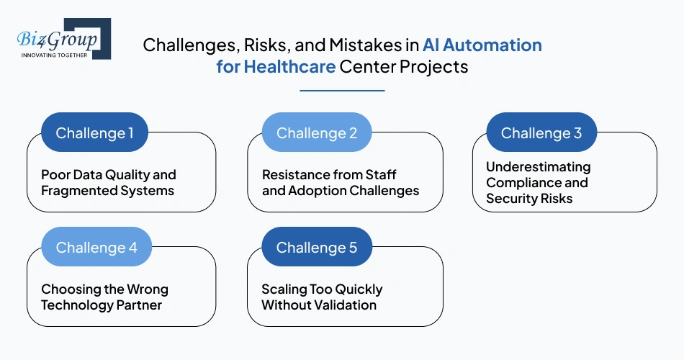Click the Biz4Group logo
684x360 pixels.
(x=61, y=38)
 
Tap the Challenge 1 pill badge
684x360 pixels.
(x=95, y=133)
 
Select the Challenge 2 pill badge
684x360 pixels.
(x=317, y=133)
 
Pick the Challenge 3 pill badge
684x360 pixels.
(x=541, y=133)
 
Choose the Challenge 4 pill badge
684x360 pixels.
(x=96, y=248)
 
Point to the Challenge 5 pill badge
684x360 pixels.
(x=317, y=248)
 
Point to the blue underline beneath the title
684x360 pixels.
(x=342, y=91)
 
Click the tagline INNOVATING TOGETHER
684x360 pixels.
(x=55, y=54)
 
